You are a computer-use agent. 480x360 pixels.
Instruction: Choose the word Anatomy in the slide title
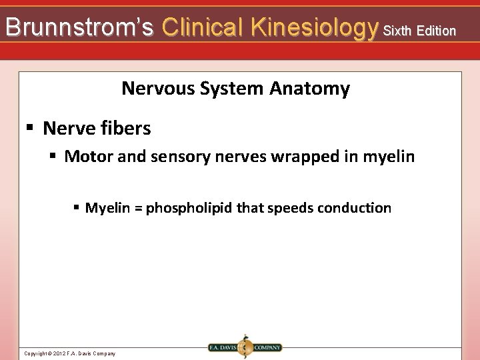[x=310, y=89]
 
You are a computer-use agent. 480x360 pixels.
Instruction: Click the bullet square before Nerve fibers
[x=29, y=127]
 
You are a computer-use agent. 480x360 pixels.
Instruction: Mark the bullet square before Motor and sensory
[x=53, y=157]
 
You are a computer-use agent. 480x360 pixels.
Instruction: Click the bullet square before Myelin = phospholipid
[x=77, y=208]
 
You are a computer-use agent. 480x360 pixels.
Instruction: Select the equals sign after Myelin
[x=137, y=208]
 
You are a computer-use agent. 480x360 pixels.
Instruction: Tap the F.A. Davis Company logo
[x=245, y=347]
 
